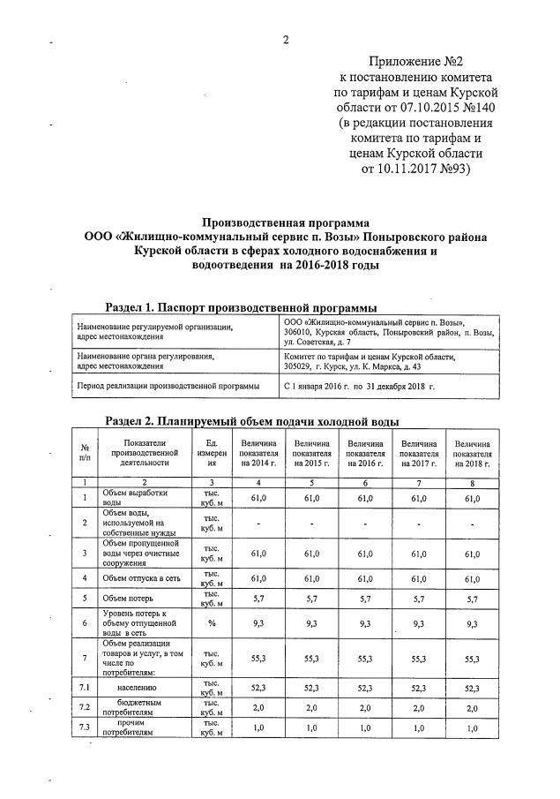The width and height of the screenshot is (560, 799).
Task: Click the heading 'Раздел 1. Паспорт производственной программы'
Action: point(241,307)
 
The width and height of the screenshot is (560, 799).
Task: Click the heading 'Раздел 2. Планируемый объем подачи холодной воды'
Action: point(252,420)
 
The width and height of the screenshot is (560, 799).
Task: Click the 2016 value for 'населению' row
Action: point(364,686)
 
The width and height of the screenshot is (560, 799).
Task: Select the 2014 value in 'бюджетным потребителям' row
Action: point(258,708)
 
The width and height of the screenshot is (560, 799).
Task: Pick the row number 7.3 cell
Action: point(86,727)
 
